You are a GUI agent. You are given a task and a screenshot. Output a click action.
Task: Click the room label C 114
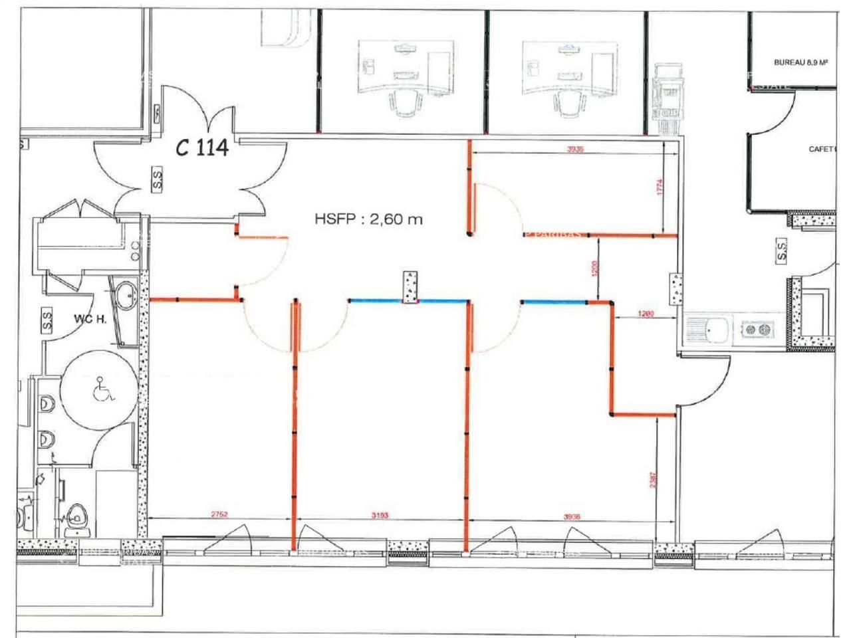pyautogui.click(x=202, y=147)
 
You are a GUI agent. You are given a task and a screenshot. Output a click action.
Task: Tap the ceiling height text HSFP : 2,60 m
pyautogui.click(x=368, y=219)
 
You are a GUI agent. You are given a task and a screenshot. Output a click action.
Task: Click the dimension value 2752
pyautogui.click(x=219, y=514)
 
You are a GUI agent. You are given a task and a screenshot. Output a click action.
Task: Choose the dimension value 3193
pyautogui.click(x=379, y=514)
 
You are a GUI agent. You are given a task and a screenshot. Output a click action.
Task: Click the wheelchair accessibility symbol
pyautogui.click(x=102, y=389)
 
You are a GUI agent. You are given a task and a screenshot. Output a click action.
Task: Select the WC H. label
pyautogui.click(x=90, y=318)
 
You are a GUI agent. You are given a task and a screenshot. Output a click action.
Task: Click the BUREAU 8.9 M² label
pyautogui.click(x=800, y=62)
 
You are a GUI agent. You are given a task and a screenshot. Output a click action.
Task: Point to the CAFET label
pyautogui.click(x=820, y=150)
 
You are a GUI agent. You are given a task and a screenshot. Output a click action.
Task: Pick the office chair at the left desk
pyautogui.click(x=404, y=103)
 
